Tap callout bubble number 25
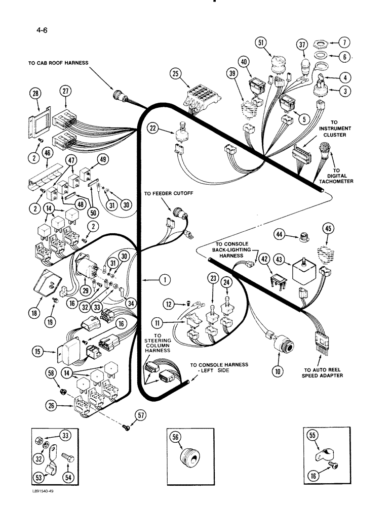pos(176,75)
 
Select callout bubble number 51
pos(261,43)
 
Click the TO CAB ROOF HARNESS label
pos(58,63)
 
